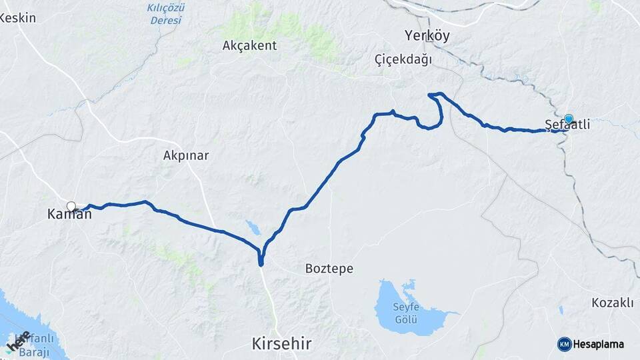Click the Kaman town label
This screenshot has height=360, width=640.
(x=69, y=215)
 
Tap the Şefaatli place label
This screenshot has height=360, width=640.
(x=567, y=125)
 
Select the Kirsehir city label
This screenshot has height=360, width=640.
(x=281, y=344)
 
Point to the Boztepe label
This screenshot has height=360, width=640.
(x=329, y=269)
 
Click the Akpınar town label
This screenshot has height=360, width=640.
(x=186, y=155)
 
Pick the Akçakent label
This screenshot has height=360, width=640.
(x=249, y=45)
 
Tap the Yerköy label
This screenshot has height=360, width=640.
(x=427, y=36)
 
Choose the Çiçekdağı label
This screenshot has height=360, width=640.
(x=403, y=60)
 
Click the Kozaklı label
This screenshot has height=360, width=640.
(x=612, y=303)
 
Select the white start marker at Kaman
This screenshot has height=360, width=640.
(x=71, y=206)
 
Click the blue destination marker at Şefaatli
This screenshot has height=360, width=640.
(x=569, y=119)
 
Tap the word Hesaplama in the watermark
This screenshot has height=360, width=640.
(x=599, y=344)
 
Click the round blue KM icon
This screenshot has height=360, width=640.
(x=564, y=344)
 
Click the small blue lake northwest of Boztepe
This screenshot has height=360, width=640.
(x=253, y=228)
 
